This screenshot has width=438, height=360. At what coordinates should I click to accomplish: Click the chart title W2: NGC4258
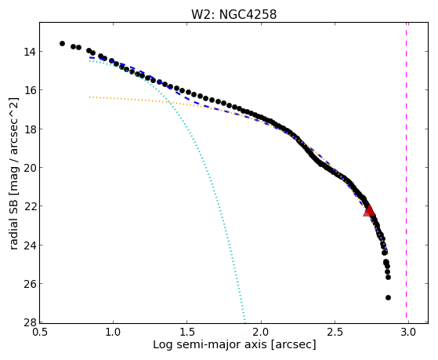[233, 14]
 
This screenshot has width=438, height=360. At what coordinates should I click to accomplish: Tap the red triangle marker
[369, 211]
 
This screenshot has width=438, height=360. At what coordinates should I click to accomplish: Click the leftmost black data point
[62, 43]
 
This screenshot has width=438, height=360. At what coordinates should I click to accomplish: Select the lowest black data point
[388, 297]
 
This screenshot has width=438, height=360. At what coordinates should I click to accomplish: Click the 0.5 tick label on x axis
[40, 332]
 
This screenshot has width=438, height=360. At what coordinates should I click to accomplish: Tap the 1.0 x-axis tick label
[113, 332]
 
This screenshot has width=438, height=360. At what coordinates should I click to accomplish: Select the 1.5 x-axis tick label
[187, 332]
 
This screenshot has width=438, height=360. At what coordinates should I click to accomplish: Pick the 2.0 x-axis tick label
[261, 332]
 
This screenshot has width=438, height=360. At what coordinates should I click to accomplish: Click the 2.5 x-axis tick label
[335, 332]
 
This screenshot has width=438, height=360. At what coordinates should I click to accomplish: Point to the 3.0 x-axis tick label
[408, 332]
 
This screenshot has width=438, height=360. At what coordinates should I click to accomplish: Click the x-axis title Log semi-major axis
[209, 345]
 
